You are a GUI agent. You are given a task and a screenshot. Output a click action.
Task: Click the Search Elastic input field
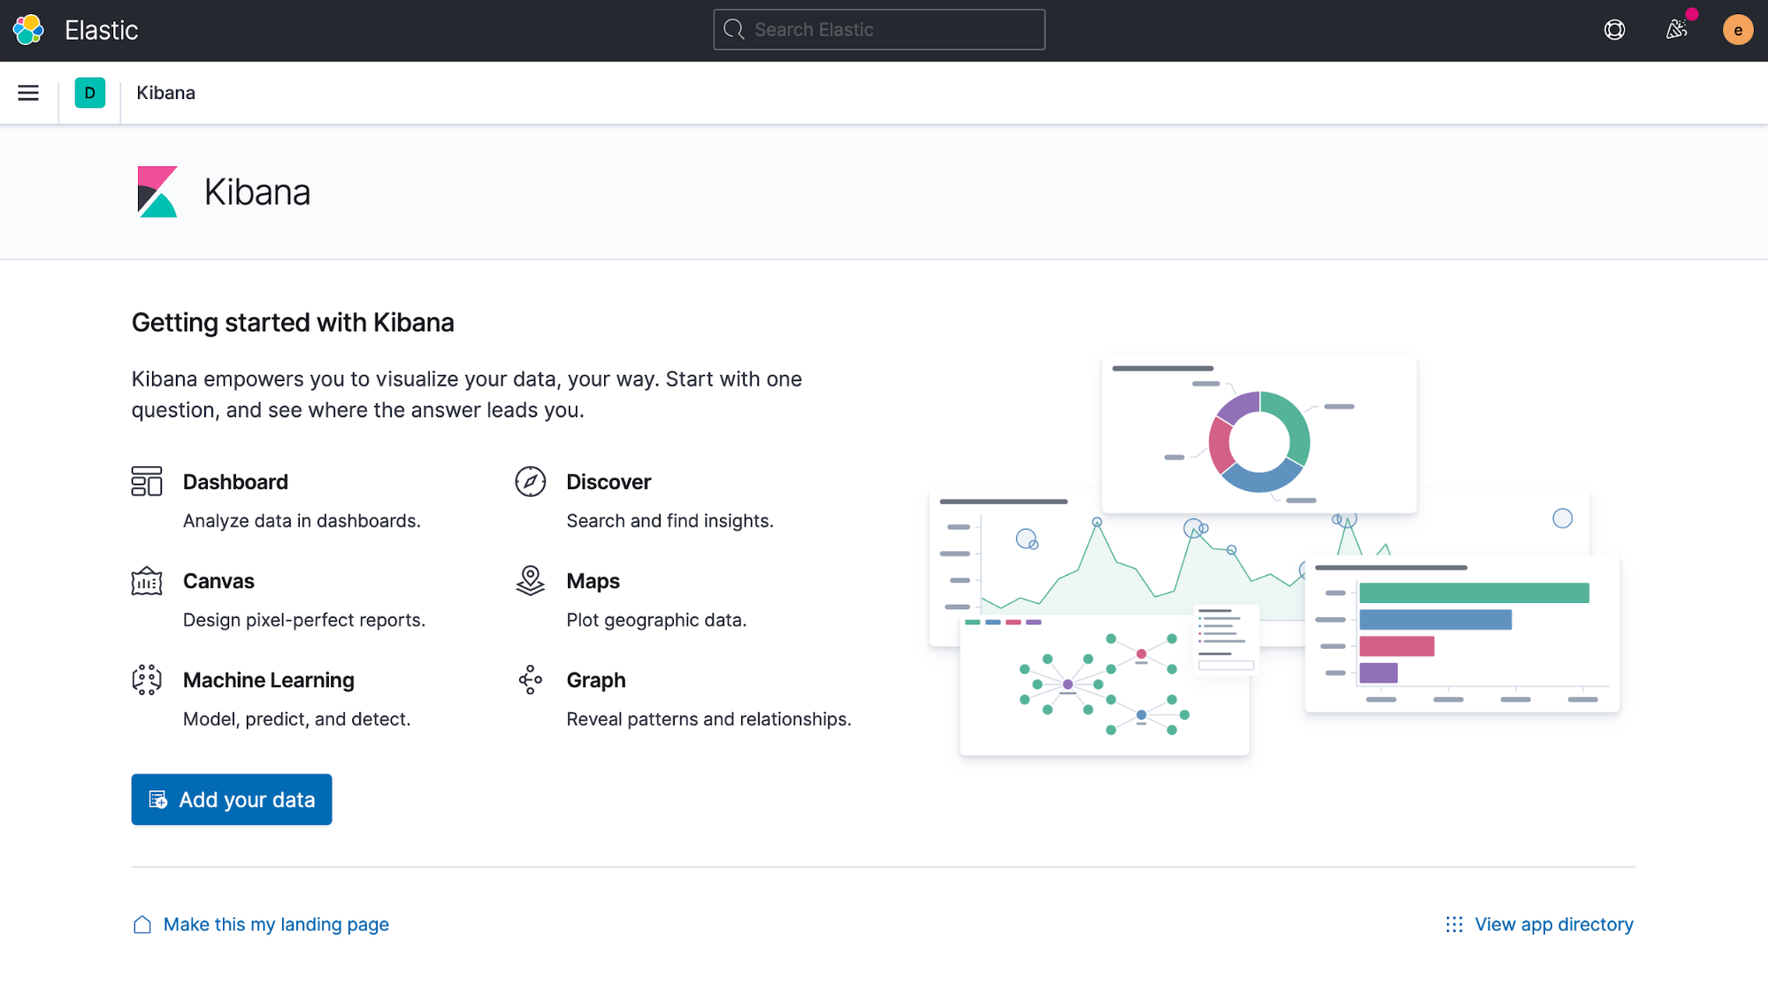pyautogui.click(x=878, y=30)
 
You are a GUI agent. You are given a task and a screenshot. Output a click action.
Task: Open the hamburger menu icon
pyautogui.click(x=28, y=93)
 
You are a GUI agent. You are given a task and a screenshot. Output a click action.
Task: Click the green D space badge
pyautogui.click(x=89, y=93)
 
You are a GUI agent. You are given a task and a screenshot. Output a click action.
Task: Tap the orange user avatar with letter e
pyautogui.click(x=1737, y=30)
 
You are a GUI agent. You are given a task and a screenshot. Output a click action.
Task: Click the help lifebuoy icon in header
pyautogui.click(x=1614, y=30)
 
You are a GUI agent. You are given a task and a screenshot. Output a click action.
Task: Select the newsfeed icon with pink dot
pyautogui.click(x=1676, y=30)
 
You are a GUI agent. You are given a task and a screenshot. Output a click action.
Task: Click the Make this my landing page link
pyautogui.click(x=275, y=924)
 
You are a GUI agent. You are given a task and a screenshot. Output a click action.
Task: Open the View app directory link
pyautogui.click(x=1553, y=924)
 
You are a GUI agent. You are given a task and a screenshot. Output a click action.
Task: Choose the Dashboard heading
pyautogui.click(x=235, y=482)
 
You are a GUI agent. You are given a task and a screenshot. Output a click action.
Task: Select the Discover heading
pyautogui.click(x=608, y=482)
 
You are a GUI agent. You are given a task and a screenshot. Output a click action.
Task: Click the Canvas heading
pyautogui.click(x=218, y=581)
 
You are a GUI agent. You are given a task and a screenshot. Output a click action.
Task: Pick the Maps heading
pyautogui.click(x=593, y=581)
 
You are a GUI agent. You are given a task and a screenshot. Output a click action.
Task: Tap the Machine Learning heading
pyautogui.click(x=268, y=680)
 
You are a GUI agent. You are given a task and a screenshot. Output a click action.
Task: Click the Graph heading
pyautogui.click(x=595, y=680)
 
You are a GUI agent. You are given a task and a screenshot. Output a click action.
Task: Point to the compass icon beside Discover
pyautogui.click(x=530, y=482)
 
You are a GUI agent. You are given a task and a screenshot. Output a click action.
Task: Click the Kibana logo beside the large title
pyautogui.click(x=157, y=192)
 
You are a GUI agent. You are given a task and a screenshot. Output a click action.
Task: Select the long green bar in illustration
pyautogui.click(x=1473, y=592)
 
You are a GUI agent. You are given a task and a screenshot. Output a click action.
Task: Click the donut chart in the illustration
pyautogui.click(x=1259, y=441)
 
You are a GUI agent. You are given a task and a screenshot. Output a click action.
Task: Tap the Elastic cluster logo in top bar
pyautogui.click(x=28, y=30)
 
